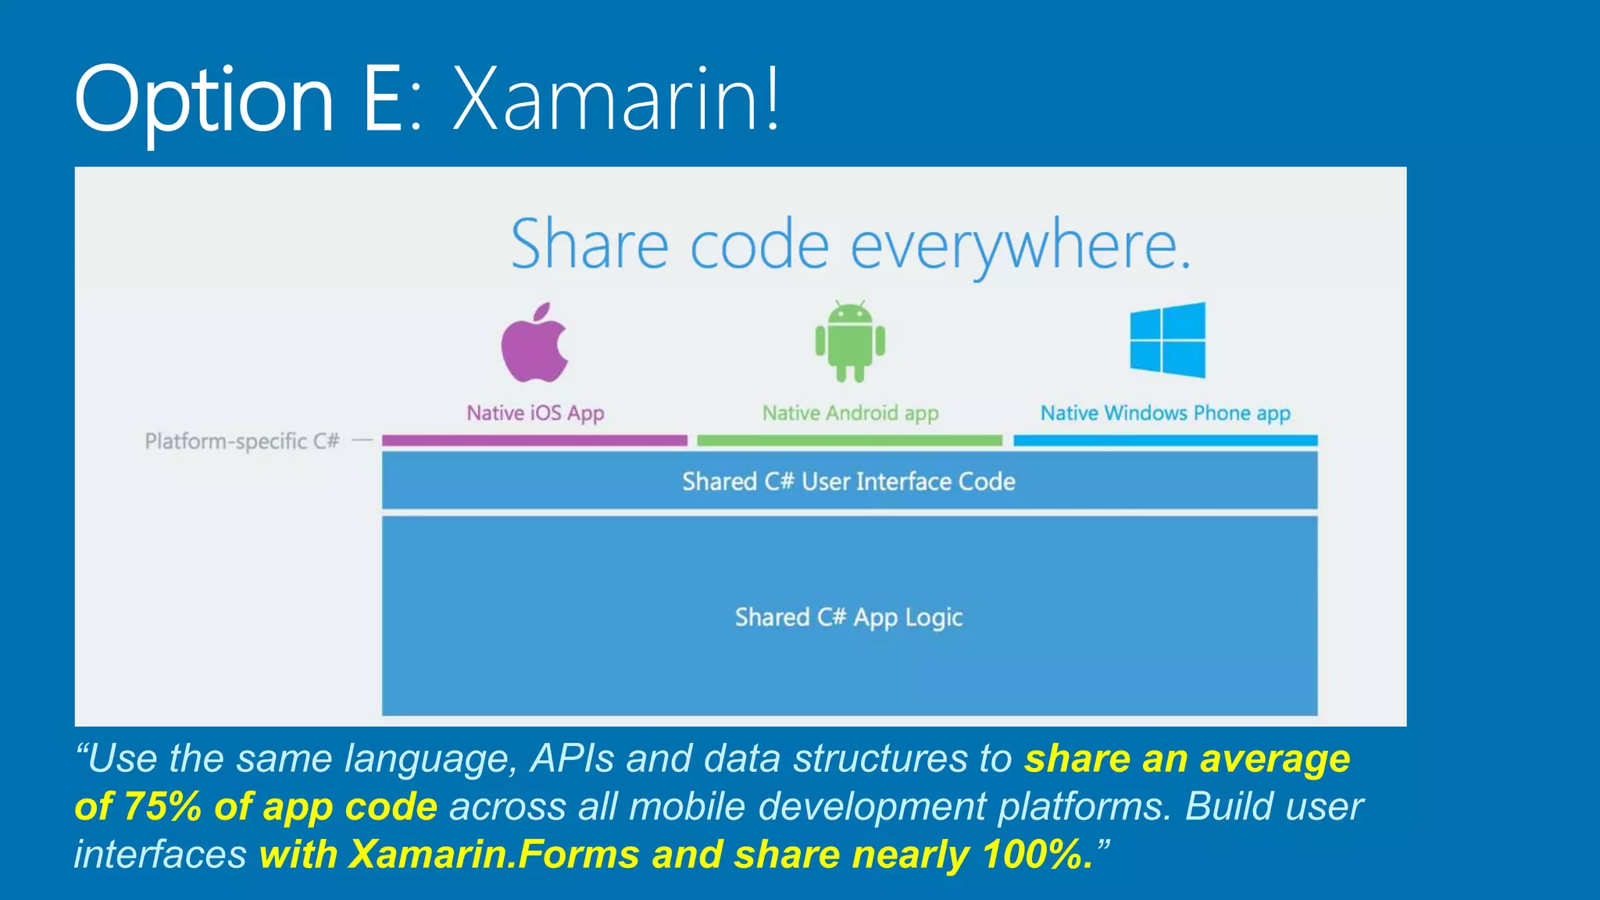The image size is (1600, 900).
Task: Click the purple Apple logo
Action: click(534, 344)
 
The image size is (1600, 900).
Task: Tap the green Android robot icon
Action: click(850, 342)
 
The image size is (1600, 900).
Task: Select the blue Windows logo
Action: click(1167, 340)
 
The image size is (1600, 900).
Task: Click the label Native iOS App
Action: click(535, 412)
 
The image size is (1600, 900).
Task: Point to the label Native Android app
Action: click(850, 412)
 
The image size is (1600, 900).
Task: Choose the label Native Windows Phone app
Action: click(1165, 412)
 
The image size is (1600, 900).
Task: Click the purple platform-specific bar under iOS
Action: click(534, 441)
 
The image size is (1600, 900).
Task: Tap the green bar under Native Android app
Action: click(849, 441)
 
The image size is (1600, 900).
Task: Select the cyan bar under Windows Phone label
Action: click(1165, 441)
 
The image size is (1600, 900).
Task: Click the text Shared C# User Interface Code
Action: click(848, 481)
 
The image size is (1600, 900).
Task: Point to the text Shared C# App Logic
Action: click(848, 617)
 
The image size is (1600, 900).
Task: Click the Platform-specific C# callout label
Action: click(242, 441)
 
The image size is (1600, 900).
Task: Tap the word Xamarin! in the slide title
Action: click(616, 99)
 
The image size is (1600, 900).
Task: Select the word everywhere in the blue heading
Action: click(1020, 245)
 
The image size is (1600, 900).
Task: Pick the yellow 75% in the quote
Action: click(162, 806)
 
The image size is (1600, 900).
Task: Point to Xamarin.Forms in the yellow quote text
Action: click(494, 854)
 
